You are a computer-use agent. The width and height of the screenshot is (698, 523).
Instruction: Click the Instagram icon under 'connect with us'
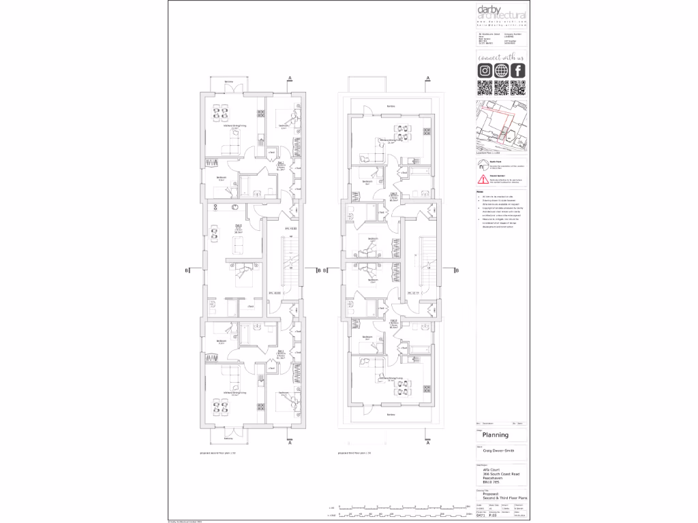[485, 71]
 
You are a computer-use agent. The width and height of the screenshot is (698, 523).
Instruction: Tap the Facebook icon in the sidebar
[518, 71]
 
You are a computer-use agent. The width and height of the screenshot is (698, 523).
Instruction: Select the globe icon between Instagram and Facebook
[502, 71]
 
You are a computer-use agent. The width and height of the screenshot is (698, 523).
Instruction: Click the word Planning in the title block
[496, 435]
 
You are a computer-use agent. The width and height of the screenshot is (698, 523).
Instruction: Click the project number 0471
[480, 516]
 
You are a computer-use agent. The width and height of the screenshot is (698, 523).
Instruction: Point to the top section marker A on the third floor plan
[427, 79]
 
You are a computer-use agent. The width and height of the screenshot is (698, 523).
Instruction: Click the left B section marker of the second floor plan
[187, 270]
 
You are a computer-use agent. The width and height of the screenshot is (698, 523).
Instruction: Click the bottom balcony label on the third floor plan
[391, 414]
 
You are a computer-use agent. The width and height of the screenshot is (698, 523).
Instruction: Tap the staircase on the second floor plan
[290, 269]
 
